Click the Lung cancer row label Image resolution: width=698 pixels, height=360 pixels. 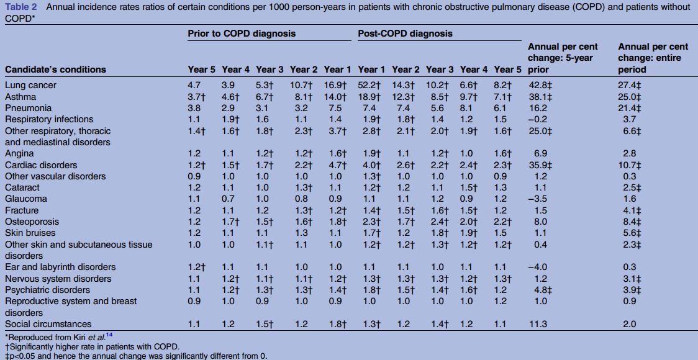[x=30, y=86]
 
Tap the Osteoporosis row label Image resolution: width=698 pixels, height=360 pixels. [x=32, y=222]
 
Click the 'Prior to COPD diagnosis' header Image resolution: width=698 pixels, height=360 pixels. [x=242, y=34]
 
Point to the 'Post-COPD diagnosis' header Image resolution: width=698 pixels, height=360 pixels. [x=405, y=34]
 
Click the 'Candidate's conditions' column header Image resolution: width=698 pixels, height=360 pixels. [x=55, y=70]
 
